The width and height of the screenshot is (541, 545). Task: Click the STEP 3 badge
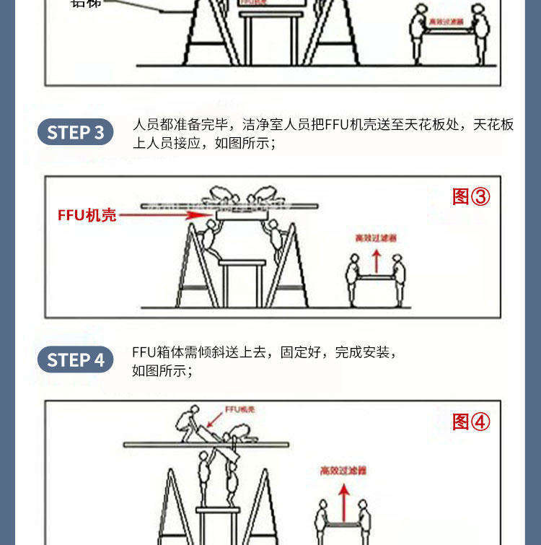[x=75, y=133]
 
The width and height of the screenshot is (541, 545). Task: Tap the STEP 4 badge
[x=75, y=359]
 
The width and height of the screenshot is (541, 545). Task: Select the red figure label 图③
[x=471, y=196]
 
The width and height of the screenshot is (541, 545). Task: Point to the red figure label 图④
[x=471, y=422]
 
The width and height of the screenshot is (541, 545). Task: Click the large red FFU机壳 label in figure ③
[x=87, y=215]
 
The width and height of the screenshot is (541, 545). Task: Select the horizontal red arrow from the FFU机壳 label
[x=166, y=215]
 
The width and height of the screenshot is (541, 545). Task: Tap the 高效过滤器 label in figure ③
[x=376, y=237]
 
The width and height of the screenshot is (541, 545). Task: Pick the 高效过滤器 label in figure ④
[x=343, y=471]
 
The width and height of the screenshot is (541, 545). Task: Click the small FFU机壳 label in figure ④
[x=239, y=409]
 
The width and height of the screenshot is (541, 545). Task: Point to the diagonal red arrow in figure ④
[x=215, y=420]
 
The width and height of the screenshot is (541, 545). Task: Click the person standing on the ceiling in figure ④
[x=188, y=423]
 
